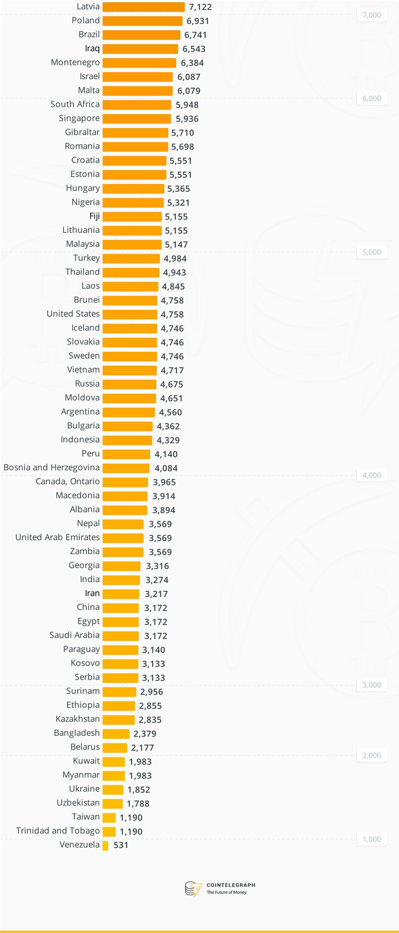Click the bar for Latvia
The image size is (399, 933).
tap(143, 7)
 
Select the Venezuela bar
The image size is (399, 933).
tap(106, 846)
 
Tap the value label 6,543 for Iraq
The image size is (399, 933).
tap(194, 49)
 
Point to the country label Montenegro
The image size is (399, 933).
tap(75, 62)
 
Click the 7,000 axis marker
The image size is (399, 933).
tap(372, 15)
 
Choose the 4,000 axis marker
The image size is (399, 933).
tap(372, 475)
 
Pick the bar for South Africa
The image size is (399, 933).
tap(137, 105)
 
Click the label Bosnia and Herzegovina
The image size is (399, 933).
tap(51, 467)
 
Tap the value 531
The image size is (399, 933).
tap(121, 845)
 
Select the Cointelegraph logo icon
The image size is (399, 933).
tap(193, 888)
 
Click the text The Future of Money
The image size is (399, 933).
tap(227, 892)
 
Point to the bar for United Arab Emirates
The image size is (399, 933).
tap(123, 538)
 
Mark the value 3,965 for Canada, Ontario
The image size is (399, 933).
tap(164, 482)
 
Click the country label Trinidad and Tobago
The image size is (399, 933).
tap(58, 830)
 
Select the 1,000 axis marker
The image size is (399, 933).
tap(372, 839)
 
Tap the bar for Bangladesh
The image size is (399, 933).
tap(116, 733)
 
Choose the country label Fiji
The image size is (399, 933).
tap(94, 216)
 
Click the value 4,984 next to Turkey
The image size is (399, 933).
tap(175, 258)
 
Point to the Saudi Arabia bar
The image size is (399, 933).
tap(121, 636)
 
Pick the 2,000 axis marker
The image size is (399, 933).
tap(372, 755)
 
